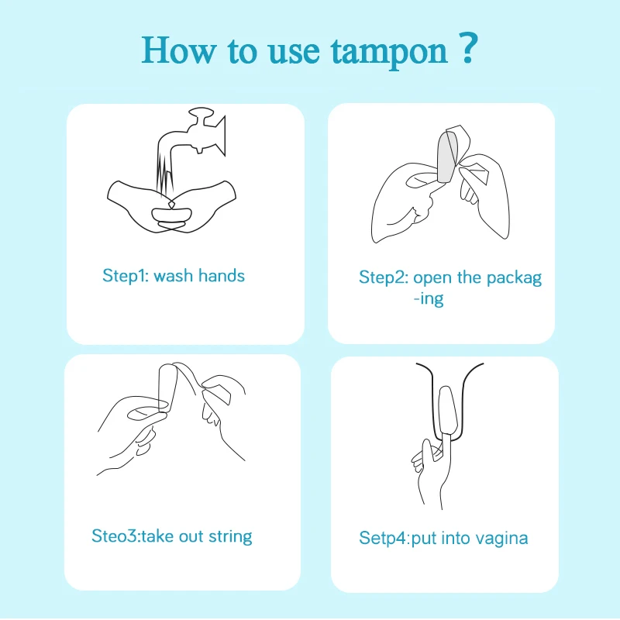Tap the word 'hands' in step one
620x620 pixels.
(221, 275)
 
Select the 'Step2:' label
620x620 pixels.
(383, 277)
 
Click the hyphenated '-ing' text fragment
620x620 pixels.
(428, 299)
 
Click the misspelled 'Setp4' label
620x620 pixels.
(384, 538)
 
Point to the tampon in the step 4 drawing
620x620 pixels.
(448, 415)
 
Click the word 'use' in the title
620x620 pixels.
(294, 51)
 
